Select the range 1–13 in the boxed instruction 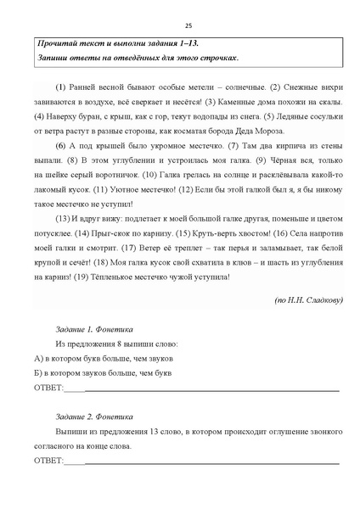tap(191, 42)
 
